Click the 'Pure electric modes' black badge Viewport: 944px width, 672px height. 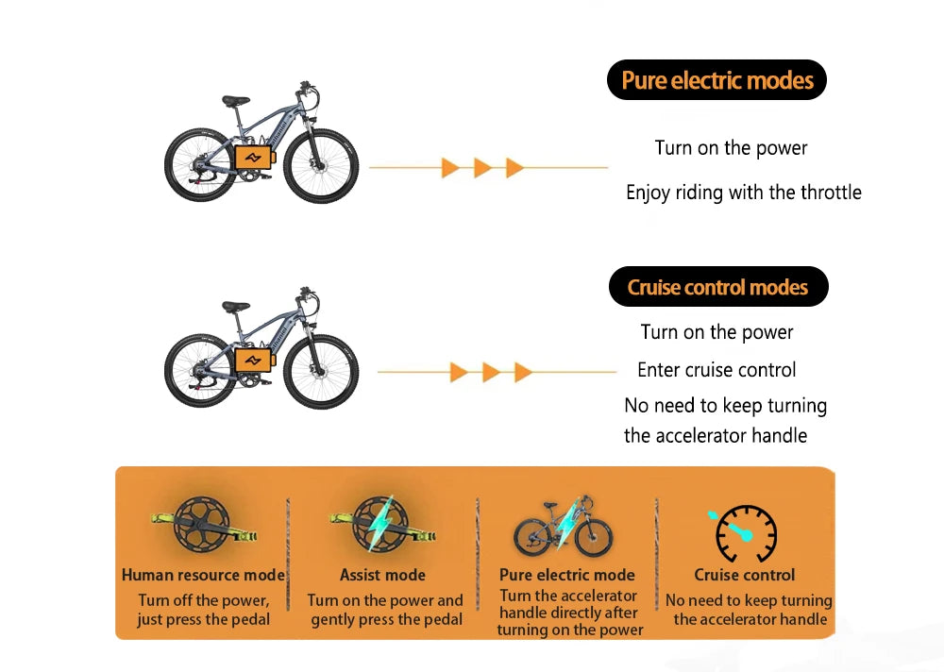pyautogui.click(x=716, y=80)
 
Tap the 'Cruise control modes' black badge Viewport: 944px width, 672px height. pyautogui.click(x=717, y=287)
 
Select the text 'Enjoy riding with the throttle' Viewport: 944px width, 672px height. pyautogui.click(x=743, y=193)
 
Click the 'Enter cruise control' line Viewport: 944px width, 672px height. pyautogui.click(x=716, y=370)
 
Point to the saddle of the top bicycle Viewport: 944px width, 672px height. pyautogui.click(x=236, y=100)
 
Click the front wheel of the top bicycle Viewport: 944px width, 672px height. pyautogui.click(x=321, y=166)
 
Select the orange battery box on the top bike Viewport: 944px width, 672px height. pyautogui.click(x=252, y=156)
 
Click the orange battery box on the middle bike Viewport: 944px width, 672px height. pyautogui.click(x=252, y=360)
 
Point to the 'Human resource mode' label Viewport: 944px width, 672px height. pyautogui.click(x=203, y=575)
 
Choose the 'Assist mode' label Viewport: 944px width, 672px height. pyautogui.click(x=382, y=575)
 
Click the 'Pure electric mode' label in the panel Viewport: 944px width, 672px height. pyautogui.click(x=566, y=575)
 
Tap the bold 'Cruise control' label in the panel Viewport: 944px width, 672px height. pyautogui.click(x=745, y=575)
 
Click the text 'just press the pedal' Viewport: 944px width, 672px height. pyautogui.click(x=203, y=619)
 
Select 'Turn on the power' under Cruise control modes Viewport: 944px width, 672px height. pyautogui.click(x=716, y=332)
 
